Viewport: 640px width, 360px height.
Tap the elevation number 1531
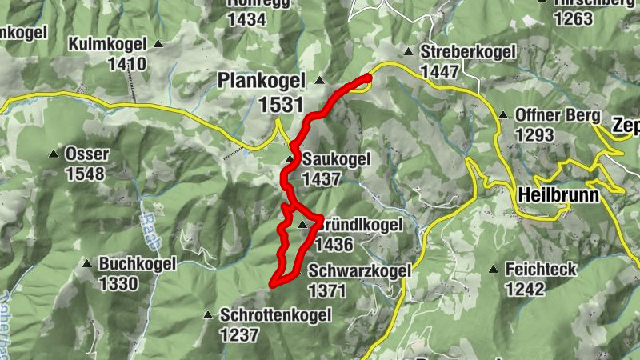click(x=281, y=104)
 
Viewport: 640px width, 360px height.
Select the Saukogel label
click(x=336, y=159)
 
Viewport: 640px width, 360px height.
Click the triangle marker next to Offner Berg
click(x=503, y=116)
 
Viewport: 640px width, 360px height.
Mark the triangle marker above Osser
click(x=54, y=154)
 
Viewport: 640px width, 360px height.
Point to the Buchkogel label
click(x=130, y=262)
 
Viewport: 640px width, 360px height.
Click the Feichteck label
click(x=541, y=270)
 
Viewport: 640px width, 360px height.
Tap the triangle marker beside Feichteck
click(x=496, y=270)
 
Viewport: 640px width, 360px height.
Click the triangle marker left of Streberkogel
click(x=408, y=52)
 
